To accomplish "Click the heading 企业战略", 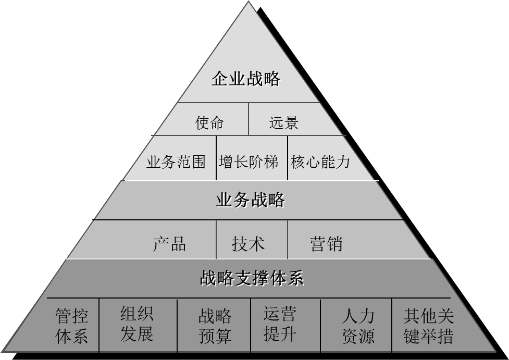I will pos(246,79).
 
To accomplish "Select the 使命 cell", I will pos(209,122).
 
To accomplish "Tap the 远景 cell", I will pos(284,122).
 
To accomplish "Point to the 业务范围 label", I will pos(176,162).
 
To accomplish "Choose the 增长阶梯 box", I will pos(249,162).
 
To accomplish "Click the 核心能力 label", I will pos(320,162).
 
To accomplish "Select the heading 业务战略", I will pos(250,200).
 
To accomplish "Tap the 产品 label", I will pos(169,243).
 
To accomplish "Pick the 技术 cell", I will pos(248,243).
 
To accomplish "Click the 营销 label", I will pos(326,243).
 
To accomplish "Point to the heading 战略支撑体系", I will pos(251,278).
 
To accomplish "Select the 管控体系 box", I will pos(72,326).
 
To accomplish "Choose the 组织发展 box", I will pos(136,324).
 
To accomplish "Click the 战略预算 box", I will pos(215,326).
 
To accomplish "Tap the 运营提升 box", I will pos(280,324).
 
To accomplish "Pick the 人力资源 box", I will pos(358,326).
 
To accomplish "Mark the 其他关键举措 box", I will pos(428,326).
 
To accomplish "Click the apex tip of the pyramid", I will pos(249,2).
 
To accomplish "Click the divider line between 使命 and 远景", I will pos(249,119).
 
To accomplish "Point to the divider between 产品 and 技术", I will pos(216,240).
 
